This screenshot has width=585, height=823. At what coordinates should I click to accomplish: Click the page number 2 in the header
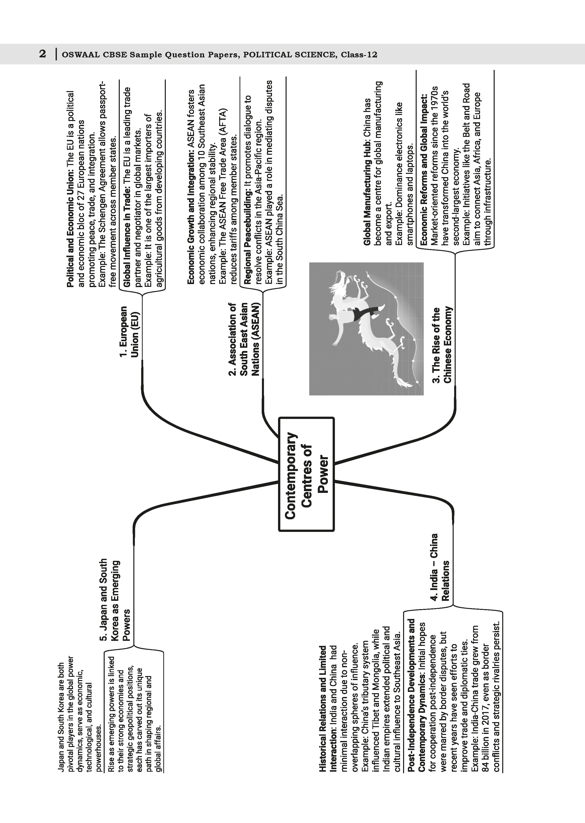pyautogui.click(x=43, y=54)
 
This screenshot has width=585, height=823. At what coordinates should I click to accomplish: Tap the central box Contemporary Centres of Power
pyautogui.click(x=306, y=474)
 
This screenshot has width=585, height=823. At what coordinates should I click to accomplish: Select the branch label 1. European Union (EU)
pyautogui.click(x=129, y=331)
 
